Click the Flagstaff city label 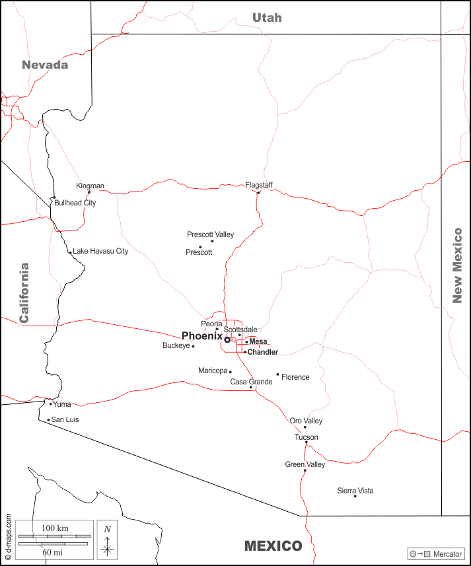click(x=259, y=185)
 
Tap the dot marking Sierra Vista click(x=355, y=496)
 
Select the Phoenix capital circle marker click(x=227, y=339)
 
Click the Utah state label click(x=267, y=18)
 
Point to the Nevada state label click(x=45, y=65)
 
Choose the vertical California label click(x=24, y=293)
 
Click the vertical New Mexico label click(x=457, y=265)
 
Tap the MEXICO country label click(x=273, y=546)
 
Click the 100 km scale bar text click(x=55, y=528)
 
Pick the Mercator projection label click(x=447, y=553)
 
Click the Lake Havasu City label click(x=100, y=251)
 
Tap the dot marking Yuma click(x=51, y=404)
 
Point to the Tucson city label click(x=307, y=437)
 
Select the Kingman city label click(x=90, y=186)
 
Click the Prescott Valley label click(x=210, y=234)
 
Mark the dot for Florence click(x=277, y=374)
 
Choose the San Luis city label click(x=67, y=419)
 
